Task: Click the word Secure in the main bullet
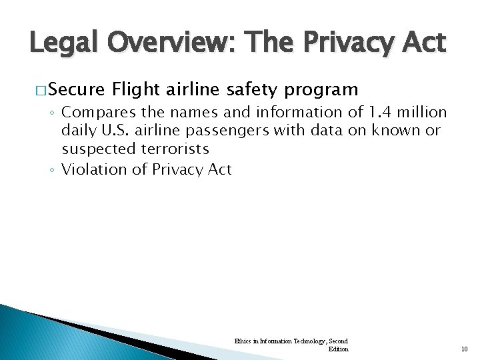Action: pyautogui.click(x=76, y=89)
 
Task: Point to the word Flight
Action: pyautogui.click(x=135, y=89)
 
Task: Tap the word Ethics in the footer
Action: pyautogui.click(x=242, y=341)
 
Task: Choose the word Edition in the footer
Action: pyautogui.click(x=338, y=349)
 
